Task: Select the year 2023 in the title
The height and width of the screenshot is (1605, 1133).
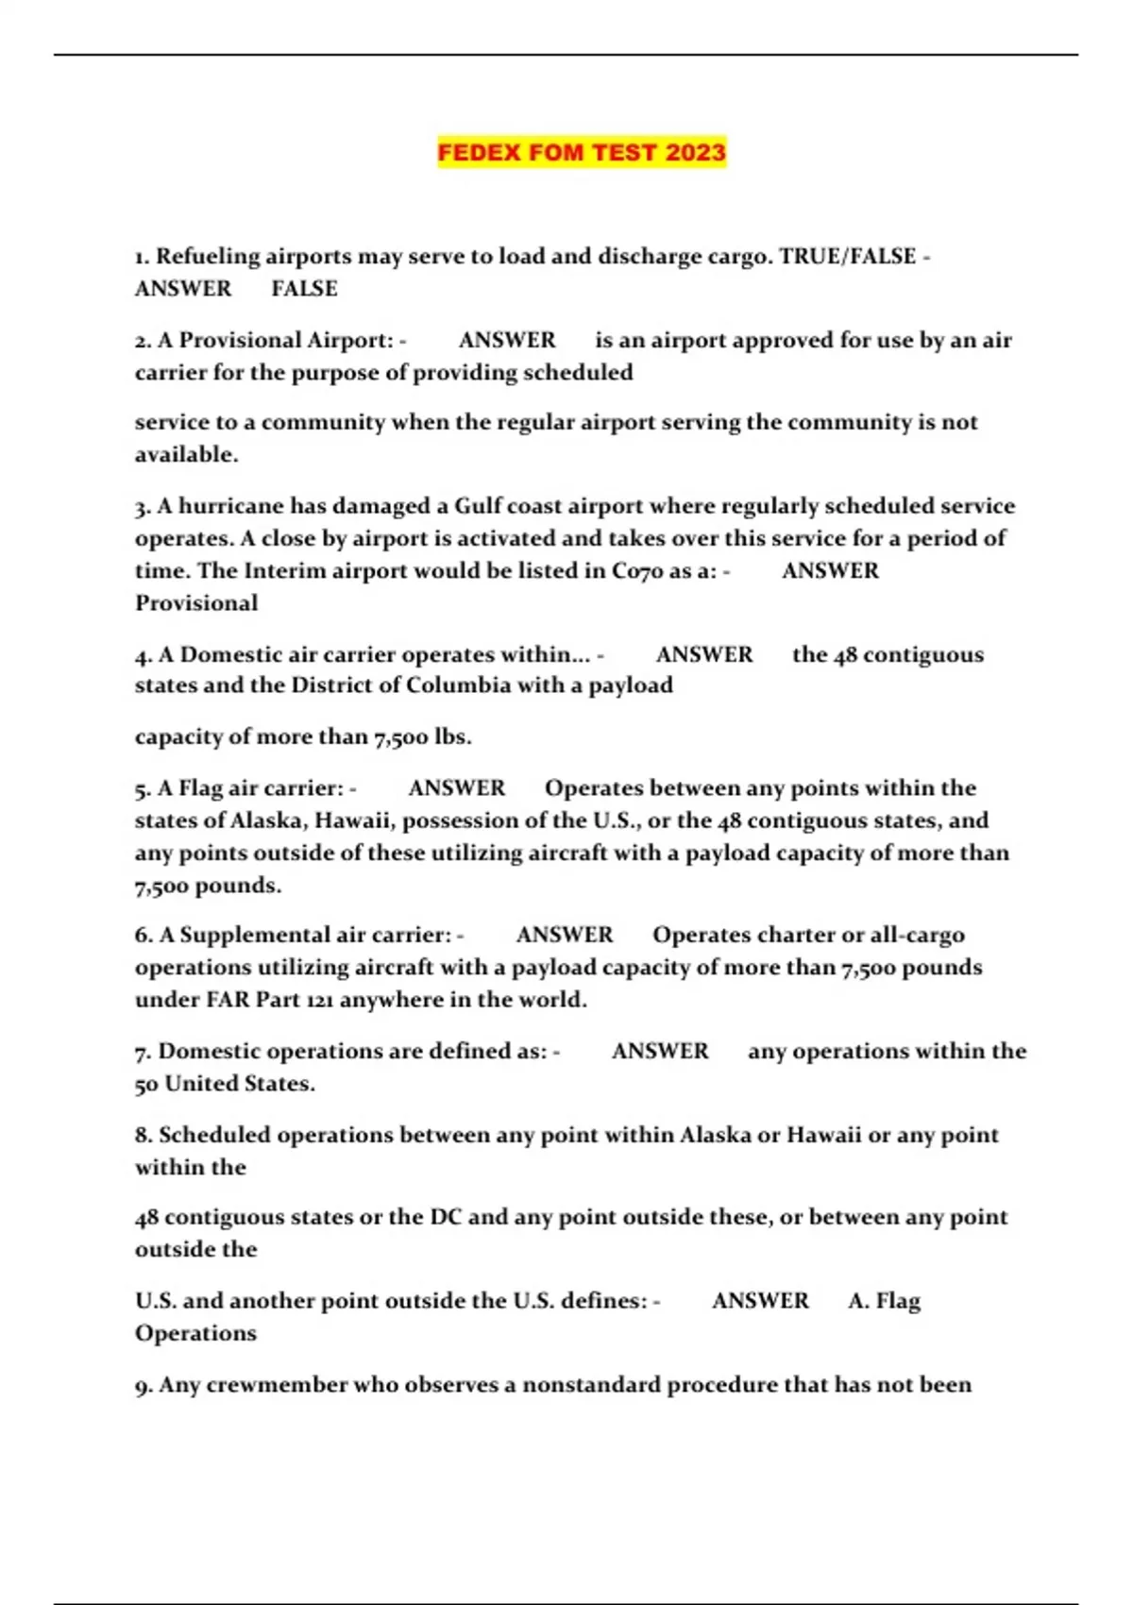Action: pos(696,153)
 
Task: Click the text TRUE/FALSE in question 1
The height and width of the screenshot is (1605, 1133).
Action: pos(847,257)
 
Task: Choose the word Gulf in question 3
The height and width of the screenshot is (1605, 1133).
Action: pos(478,506)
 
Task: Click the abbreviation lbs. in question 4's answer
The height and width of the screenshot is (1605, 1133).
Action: pos(452,736)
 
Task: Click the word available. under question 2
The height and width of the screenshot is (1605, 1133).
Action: pos(187,455)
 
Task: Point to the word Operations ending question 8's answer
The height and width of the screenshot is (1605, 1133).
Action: pos(196,1333)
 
